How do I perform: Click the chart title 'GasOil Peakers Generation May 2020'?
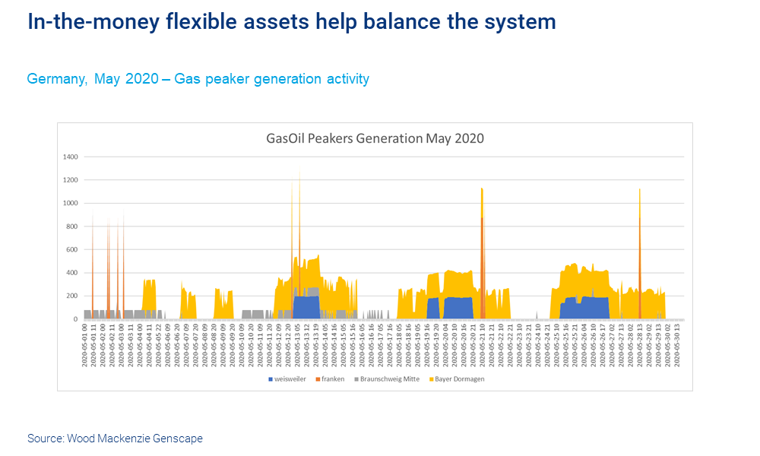click(375, 138)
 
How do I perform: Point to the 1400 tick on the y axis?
click(71, 157)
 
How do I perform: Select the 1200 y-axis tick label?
click(71, 180)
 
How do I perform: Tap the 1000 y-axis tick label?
click(71, 203)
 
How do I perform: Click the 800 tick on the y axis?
click(72, 226)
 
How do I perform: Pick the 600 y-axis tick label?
click(72, 249)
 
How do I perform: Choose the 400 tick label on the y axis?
click(72, 273)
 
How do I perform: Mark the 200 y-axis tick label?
click(72, 296)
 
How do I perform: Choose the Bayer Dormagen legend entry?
click(458, 378)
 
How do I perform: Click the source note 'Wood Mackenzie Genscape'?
click(135, 439)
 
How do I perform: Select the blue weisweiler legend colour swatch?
click(270, 378)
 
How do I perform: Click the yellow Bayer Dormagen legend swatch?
click(432, 378)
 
